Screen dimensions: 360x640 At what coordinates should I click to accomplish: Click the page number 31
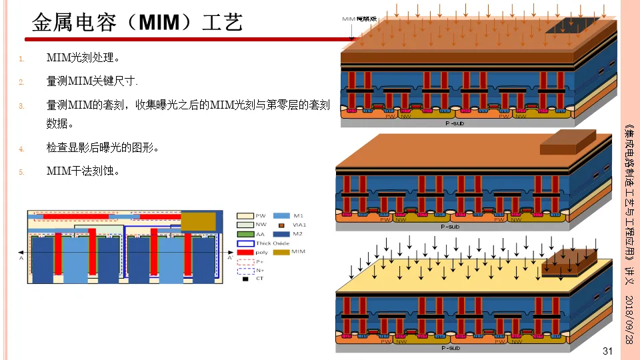pos(607,351)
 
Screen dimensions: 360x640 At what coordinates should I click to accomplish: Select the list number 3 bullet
pos(21,105)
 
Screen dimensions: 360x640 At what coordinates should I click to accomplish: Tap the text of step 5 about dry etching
pos(83,171)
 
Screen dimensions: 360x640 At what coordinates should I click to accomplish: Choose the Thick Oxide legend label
pos(273,243)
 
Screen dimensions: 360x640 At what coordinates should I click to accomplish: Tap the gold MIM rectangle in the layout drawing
pos(199,221)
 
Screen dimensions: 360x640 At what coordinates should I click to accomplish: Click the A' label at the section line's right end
pos(231,257)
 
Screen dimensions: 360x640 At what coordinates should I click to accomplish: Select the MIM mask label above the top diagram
pos(360,19)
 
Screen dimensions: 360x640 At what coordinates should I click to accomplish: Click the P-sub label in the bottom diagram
pos(451,347)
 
